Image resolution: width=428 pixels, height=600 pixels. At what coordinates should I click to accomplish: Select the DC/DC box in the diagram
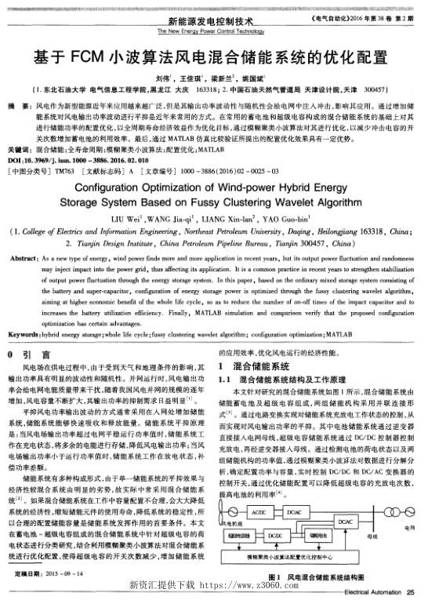tap(275, 535)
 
